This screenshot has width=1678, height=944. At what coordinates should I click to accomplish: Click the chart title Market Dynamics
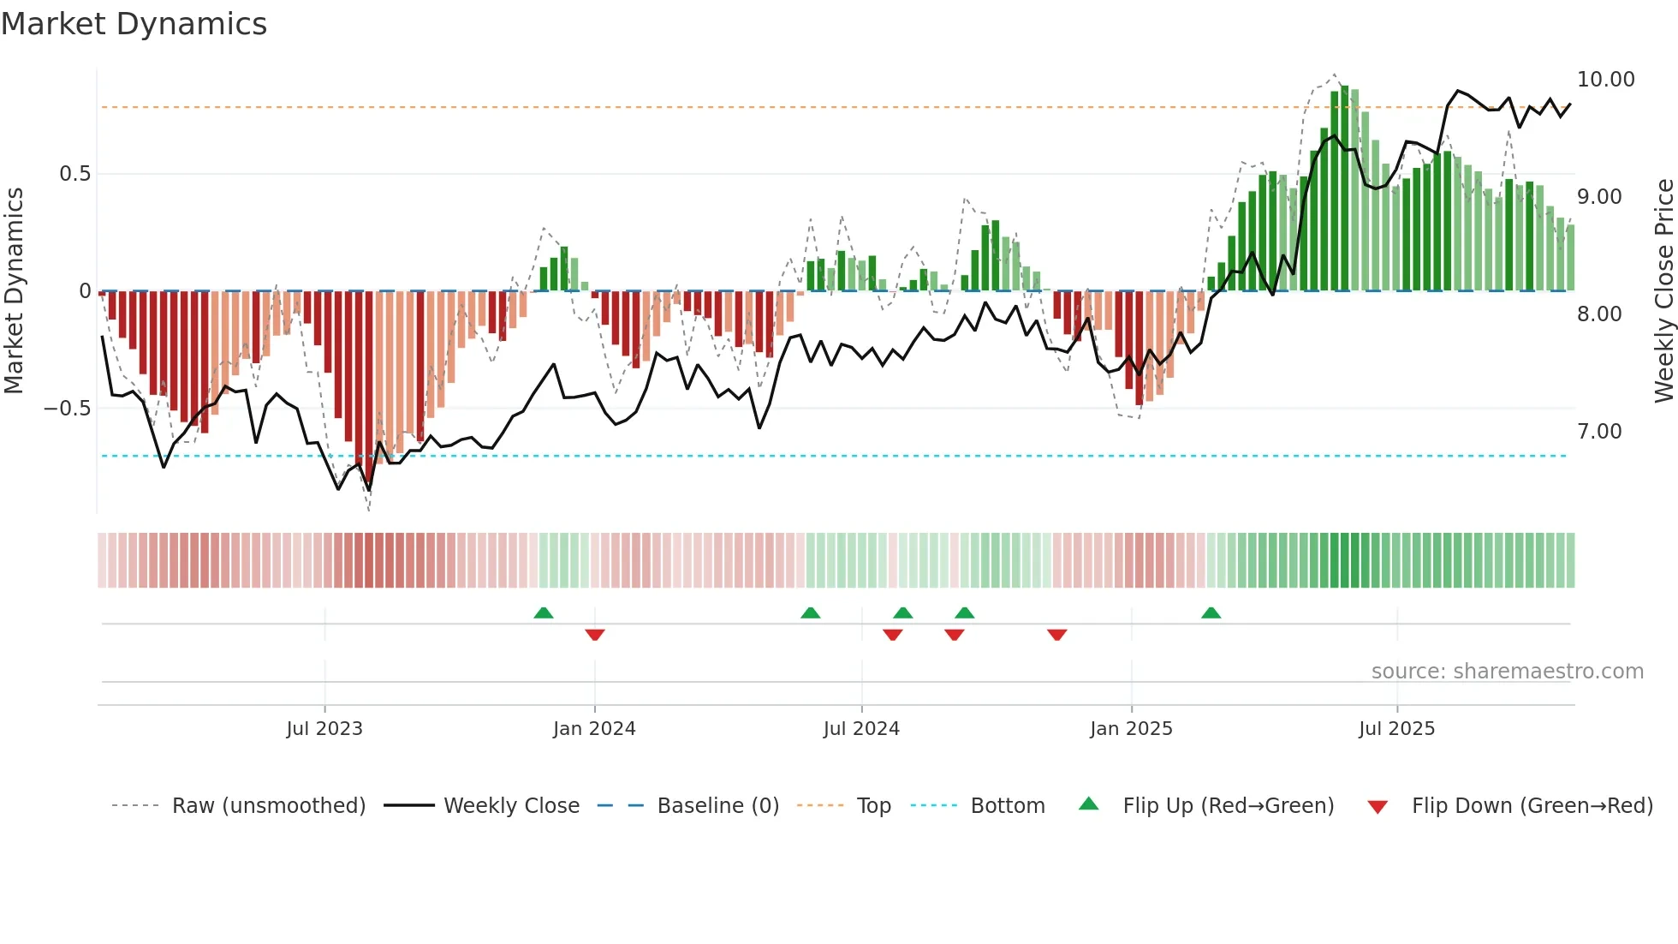134,24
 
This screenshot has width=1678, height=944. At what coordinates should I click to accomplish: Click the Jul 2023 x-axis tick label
324,729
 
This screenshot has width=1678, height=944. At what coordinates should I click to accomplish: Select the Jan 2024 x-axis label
594,729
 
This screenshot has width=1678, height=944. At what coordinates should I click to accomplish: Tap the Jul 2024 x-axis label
861,729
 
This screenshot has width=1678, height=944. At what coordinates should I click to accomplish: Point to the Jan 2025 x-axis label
1131,729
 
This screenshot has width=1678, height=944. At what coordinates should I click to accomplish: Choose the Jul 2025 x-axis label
1396,729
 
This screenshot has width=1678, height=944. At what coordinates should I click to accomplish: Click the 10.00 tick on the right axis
1605,80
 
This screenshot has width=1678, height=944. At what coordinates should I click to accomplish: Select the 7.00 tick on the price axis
1599,432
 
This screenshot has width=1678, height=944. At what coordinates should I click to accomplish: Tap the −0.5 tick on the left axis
67,409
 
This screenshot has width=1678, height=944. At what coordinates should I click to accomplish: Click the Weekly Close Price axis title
1663,291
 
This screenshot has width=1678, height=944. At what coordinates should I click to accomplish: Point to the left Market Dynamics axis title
14,291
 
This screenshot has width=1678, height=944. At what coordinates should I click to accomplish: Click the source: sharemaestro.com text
1507,672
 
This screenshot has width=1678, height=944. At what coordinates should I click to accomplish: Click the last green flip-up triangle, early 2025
1211,613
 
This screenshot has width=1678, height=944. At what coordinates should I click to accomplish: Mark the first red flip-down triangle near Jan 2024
595,634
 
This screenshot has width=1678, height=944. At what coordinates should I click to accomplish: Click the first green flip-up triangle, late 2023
544,613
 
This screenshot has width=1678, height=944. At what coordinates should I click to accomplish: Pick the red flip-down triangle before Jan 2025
1056,634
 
